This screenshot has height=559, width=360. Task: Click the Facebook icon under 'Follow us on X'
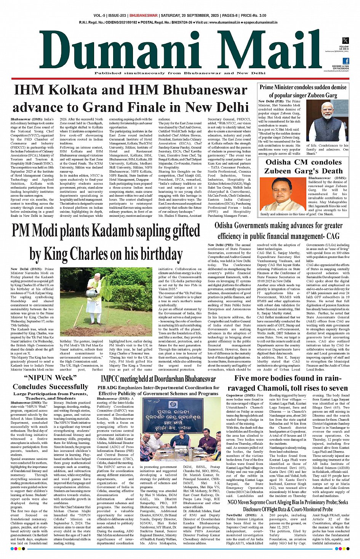(x=346, y=61)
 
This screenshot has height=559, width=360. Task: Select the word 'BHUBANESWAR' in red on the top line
(x=143, y=16)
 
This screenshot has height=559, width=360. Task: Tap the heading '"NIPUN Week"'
(x=50, y=378)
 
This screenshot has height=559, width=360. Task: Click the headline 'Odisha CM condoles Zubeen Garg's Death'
(x=304, y=167)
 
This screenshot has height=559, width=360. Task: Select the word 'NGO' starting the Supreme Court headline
(x=233, y=502)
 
